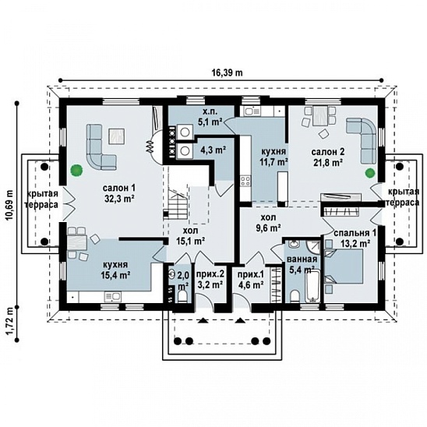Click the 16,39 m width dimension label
click(227, 72)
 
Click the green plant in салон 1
click(76, 171)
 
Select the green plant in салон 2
click(370, 173)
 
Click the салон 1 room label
click(119, 193)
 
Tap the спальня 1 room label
click(355, 238)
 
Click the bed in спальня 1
click(344, 266)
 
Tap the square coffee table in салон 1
click(117, 136)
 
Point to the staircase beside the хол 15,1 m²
click(175, 203)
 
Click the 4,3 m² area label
click(213, 150)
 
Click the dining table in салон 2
click(320, 116)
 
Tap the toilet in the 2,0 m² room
click(182, 296)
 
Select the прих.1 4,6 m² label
click(251, 280)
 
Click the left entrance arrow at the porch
click(203, 320)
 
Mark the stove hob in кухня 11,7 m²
click(245, 181)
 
